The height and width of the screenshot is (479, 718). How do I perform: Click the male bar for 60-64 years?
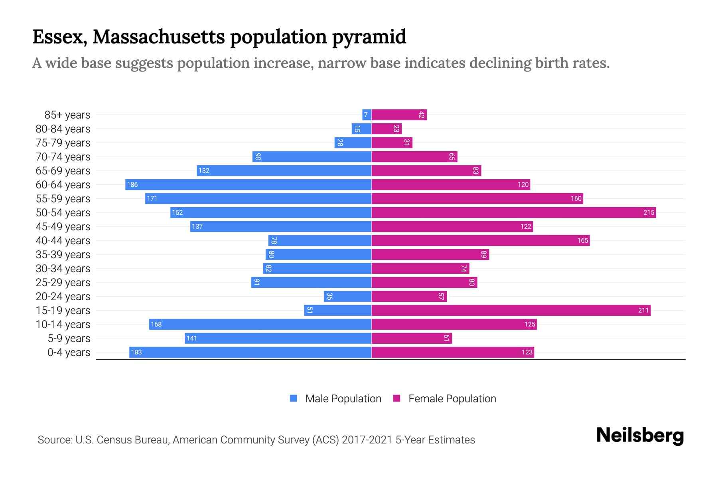tap(248, 184)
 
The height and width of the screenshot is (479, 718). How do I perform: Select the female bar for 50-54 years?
tap(514, 212)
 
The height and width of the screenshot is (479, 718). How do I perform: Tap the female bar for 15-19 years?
tap(511, 310)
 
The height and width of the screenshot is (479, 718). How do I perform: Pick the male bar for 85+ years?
tap(367, 115)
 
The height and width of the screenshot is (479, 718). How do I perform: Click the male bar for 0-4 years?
tap(250, 352)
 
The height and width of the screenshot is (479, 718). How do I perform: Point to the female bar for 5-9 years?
tap(412, 338)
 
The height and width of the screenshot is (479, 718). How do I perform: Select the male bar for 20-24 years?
tap(347, 296)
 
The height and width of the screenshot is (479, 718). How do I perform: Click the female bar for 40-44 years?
tap(481, 240)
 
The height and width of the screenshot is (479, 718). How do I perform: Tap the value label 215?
tap(649, 212)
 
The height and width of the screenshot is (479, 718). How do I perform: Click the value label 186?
tap(132, 184)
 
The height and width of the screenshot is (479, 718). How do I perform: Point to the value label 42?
tap(422, 115)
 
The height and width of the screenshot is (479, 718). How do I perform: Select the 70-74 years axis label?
tap(63, 157)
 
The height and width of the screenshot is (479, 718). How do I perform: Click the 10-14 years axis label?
tap(63, 325)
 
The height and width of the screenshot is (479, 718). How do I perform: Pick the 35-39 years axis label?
tap(63, 255)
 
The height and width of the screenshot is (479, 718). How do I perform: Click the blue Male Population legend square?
tap(294, 398)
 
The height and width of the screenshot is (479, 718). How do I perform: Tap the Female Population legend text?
tap(452, 399)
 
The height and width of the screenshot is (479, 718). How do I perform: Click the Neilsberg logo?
tap(640, 435)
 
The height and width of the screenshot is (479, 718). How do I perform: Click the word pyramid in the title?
tap(369, 37)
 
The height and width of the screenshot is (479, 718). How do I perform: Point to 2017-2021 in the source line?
tap(367, 440)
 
